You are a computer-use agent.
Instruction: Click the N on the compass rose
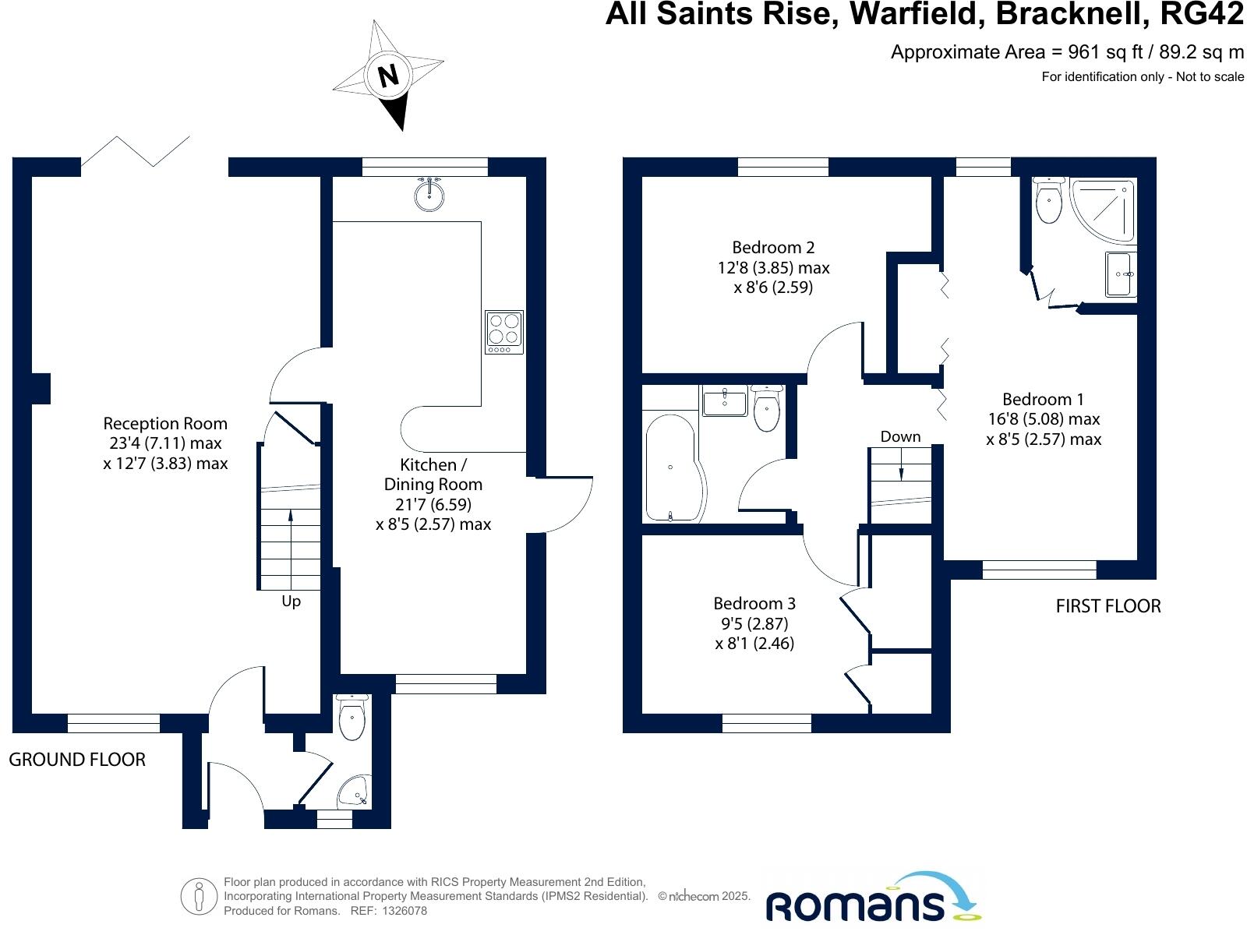pyautogui.click(x=388, y=76)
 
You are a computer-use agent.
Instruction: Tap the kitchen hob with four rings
pyautogui.click(x=504, y=331)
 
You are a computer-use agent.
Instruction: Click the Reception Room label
pyautogui.click(x=165, y=424)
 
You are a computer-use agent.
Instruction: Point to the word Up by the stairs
pyautogui.click(x=291, y=602)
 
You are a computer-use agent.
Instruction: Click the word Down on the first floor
pyautogui.click(x=900, y=436)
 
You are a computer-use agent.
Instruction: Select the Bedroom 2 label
pyautogui.click(x=773, y=248)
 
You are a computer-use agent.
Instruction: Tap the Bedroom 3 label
pyautogui.click(x=754, y=604)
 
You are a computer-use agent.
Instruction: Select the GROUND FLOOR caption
pyautogui.click(x=77, y=760)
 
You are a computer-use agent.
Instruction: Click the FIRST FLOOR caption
pyautogui.click(x=1107, y=606)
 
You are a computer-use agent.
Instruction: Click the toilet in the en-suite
pyautogui.click(x=1049, y=202)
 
